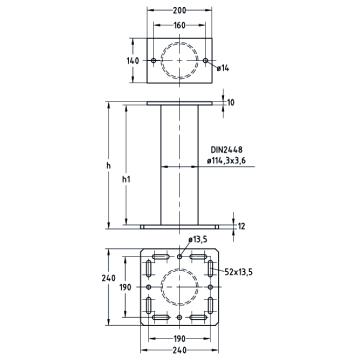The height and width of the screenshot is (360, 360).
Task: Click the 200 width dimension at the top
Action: click(179, 10)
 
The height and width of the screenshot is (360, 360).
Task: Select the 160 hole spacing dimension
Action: click(179, 25)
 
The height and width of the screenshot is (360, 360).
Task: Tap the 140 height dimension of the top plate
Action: click(133, 61)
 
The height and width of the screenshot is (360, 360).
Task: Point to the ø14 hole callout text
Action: click(223, 68)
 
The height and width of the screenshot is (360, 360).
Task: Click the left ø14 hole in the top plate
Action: click(153, 60)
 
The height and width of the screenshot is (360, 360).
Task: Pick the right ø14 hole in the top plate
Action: click(205, 60)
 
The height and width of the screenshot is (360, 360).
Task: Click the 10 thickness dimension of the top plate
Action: click(231, 102)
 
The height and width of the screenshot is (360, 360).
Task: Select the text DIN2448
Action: click(226, 150)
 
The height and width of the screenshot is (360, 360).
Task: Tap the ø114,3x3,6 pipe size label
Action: click(226, 160)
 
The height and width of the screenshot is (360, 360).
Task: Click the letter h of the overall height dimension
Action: click(108, 165)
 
